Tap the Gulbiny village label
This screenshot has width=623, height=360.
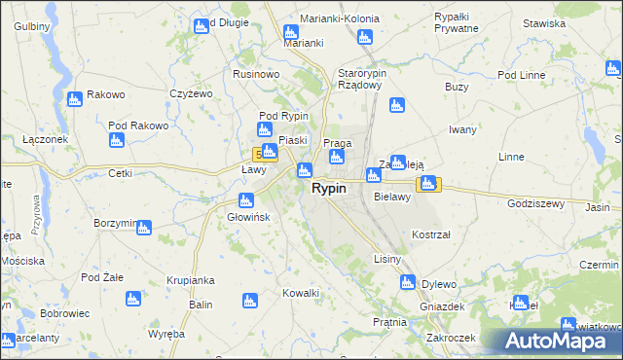click(33, 26)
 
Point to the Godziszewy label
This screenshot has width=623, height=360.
click(536, 204)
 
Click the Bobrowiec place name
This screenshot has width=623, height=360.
click(65, 314)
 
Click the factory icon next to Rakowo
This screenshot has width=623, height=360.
click(74, 99)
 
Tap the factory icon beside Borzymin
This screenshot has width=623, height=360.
click(144, 228)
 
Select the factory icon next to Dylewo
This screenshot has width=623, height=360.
click(407, 283)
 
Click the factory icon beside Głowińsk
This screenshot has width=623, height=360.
click(245, 200)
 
